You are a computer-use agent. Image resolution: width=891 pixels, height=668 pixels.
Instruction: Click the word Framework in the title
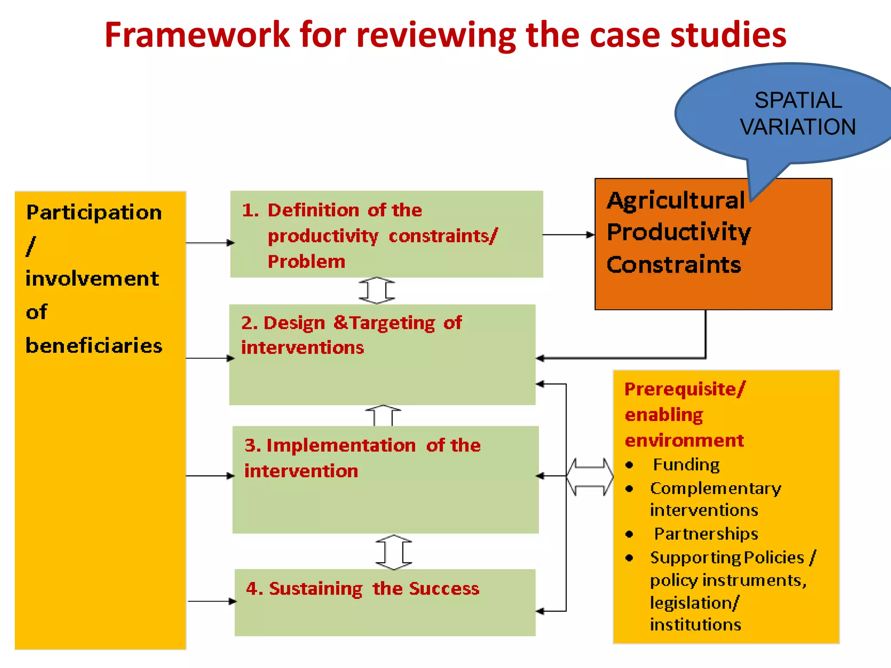click(197, 35)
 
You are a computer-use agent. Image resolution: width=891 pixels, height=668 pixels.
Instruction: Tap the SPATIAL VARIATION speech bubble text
click(797, 114)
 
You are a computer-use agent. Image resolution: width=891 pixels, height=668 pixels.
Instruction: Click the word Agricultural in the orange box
click(676, 200)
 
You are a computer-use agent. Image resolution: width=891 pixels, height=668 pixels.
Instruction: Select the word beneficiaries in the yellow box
click(94, 346)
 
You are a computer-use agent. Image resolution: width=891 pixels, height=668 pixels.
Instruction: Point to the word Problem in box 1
click(306, 262)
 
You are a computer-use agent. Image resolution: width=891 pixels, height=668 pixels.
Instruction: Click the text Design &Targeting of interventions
click(351, 335)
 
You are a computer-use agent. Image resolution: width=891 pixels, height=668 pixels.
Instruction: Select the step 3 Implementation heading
click(362, 458)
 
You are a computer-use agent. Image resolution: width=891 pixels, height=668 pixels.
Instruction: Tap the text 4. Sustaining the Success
click(362, 588)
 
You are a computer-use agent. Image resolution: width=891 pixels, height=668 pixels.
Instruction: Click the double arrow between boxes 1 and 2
click(377, 291)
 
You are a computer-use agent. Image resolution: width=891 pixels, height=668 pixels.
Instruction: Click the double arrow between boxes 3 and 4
click(394, 552)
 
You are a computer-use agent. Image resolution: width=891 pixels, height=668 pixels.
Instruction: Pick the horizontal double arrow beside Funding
click(590, 477)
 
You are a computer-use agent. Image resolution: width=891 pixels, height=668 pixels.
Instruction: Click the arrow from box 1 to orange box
click(568, 235)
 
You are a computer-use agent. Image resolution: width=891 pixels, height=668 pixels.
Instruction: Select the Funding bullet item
click(686, 465)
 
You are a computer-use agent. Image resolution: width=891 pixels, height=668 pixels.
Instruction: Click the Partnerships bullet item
click(706, 534)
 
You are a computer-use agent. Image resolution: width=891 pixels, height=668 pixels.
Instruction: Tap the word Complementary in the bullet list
click(716, 488)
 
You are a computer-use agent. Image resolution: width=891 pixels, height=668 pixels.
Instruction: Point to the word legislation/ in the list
click(694, 603)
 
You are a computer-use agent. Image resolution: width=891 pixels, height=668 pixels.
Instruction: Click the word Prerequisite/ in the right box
click(684, 389)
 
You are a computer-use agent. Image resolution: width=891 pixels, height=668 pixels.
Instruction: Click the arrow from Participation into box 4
click(211, 601)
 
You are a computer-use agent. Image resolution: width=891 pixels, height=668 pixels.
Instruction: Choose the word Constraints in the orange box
click(673, 265)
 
